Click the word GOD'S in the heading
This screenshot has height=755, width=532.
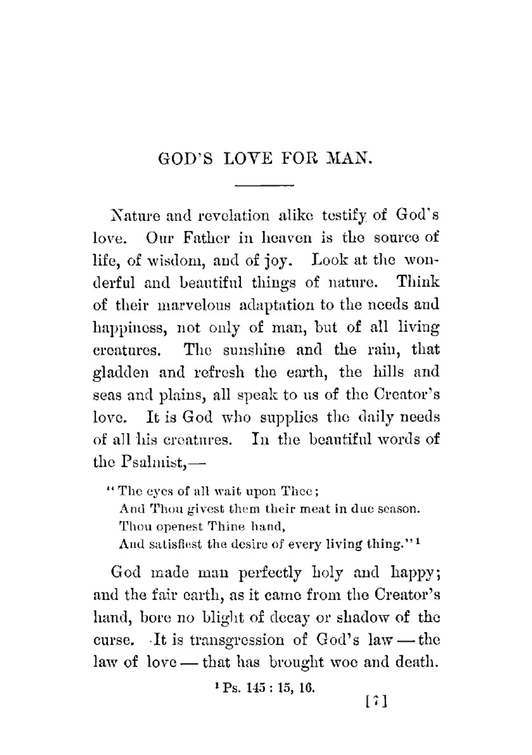186,159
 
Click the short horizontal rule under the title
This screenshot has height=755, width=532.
264,185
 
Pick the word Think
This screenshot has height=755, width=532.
419,282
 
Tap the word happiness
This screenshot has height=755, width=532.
131,329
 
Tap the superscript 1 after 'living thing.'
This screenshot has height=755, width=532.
419,542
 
